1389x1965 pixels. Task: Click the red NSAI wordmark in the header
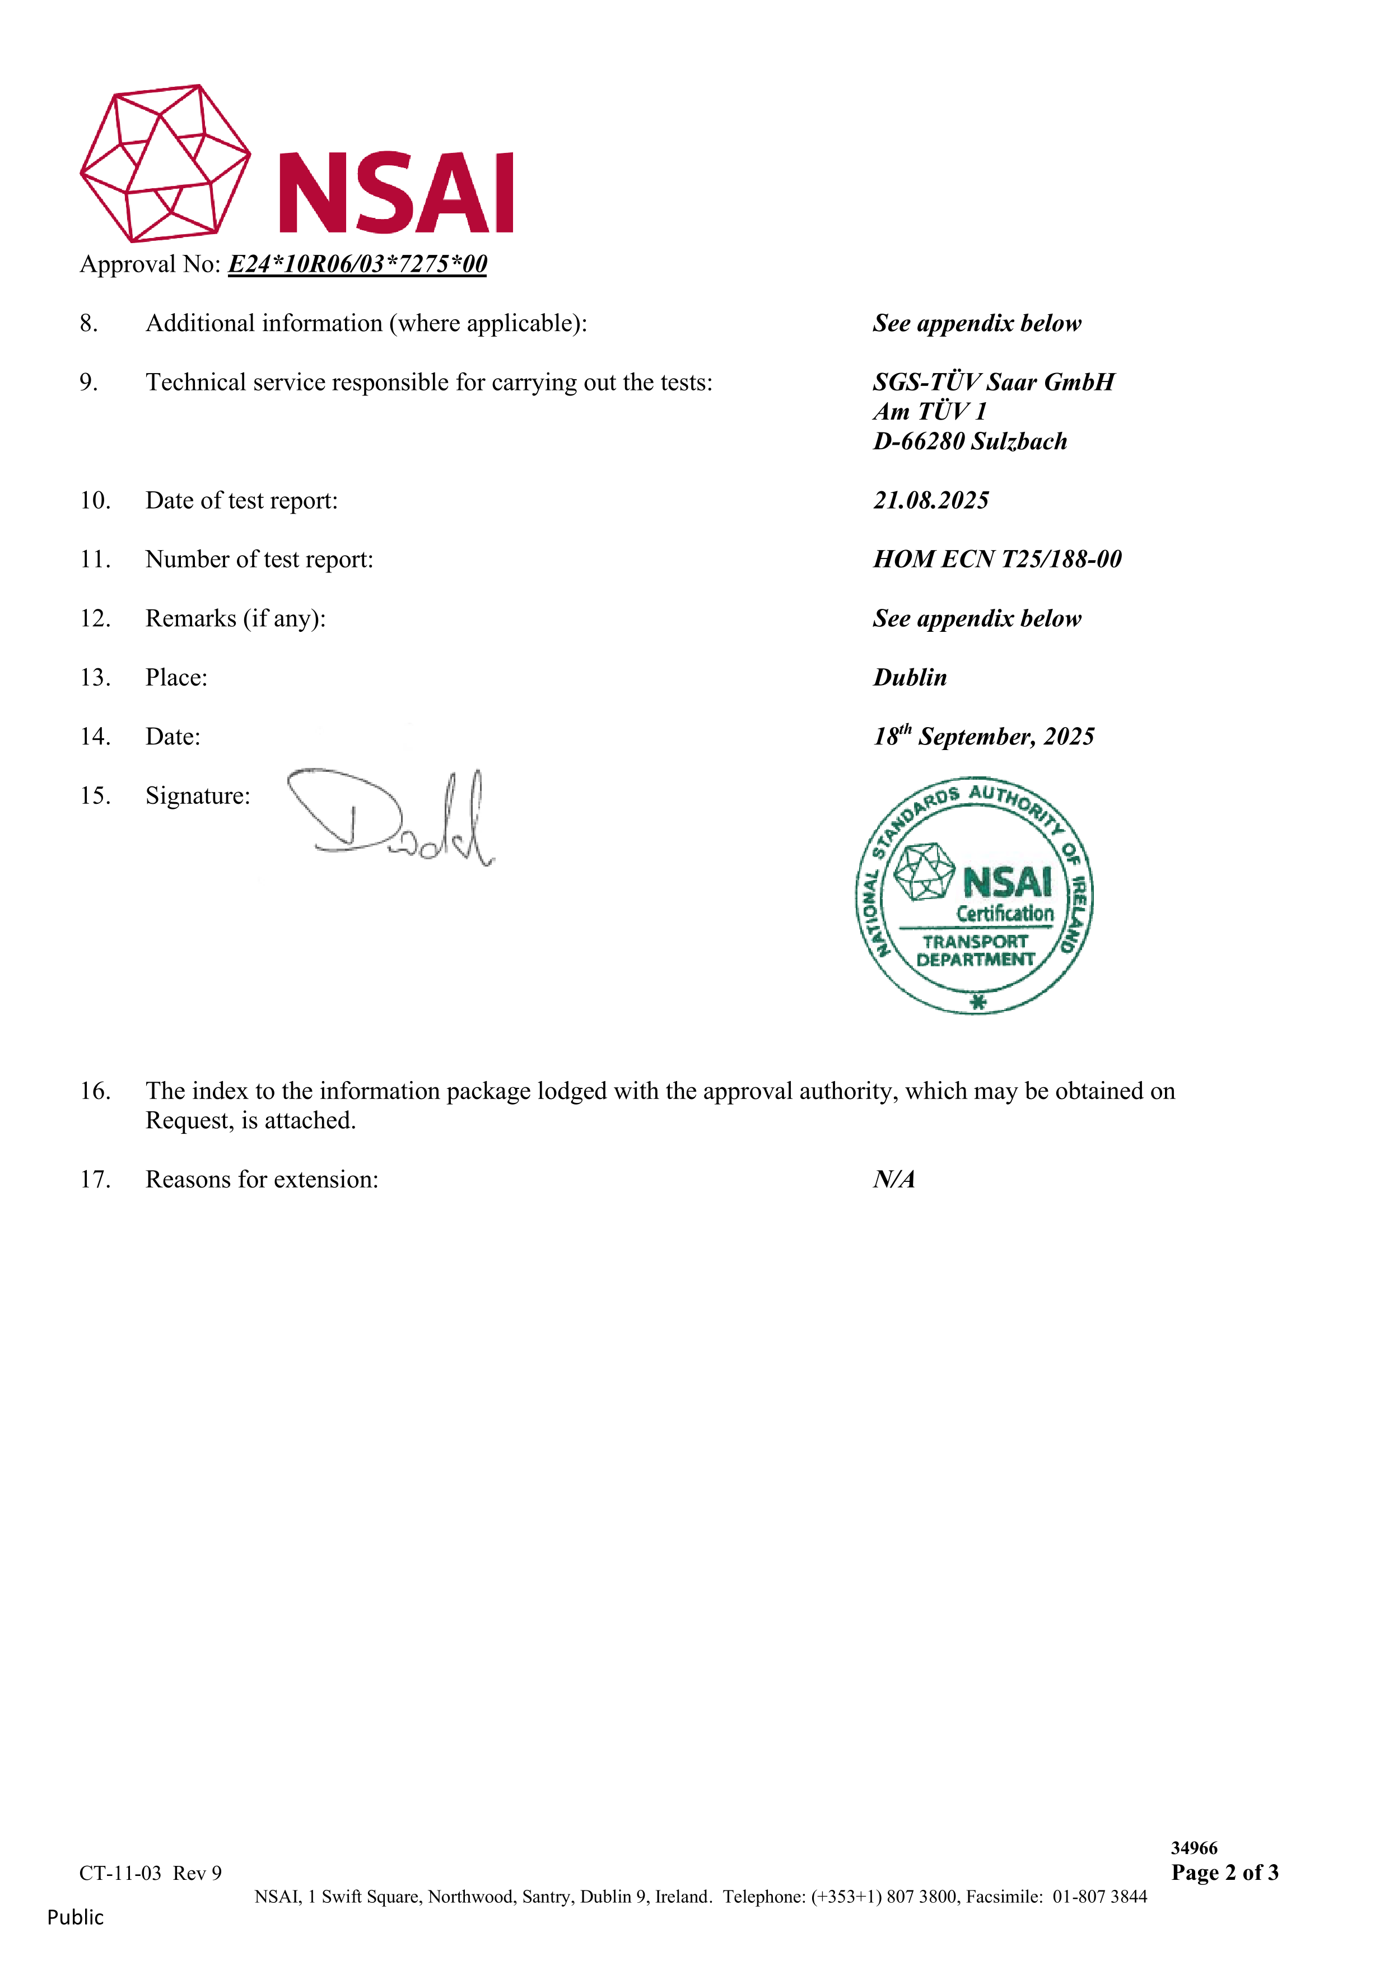[x=396, y=193]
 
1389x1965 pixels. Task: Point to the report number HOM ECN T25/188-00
[x=996, y=560]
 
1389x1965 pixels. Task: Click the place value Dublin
[x=910, y=678]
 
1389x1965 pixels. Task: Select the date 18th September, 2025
[x=984, y=737]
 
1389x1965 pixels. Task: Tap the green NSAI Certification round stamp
[x=974, y=897]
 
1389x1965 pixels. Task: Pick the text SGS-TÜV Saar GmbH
[x=993, y=383]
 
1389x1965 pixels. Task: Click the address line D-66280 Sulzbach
[x=969, y=441]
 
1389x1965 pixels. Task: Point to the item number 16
[x=95, y=1091]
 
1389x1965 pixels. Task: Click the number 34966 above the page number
[x=1194, y=1848]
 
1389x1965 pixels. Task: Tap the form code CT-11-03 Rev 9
[x=151, y=1874]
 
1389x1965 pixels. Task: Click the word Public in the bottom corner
[x=75, y=1918]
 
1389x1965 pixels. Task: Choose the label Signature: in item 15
[x=198, y=796]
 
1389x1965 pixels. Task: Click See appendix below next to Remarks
[x=976, y=619]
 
